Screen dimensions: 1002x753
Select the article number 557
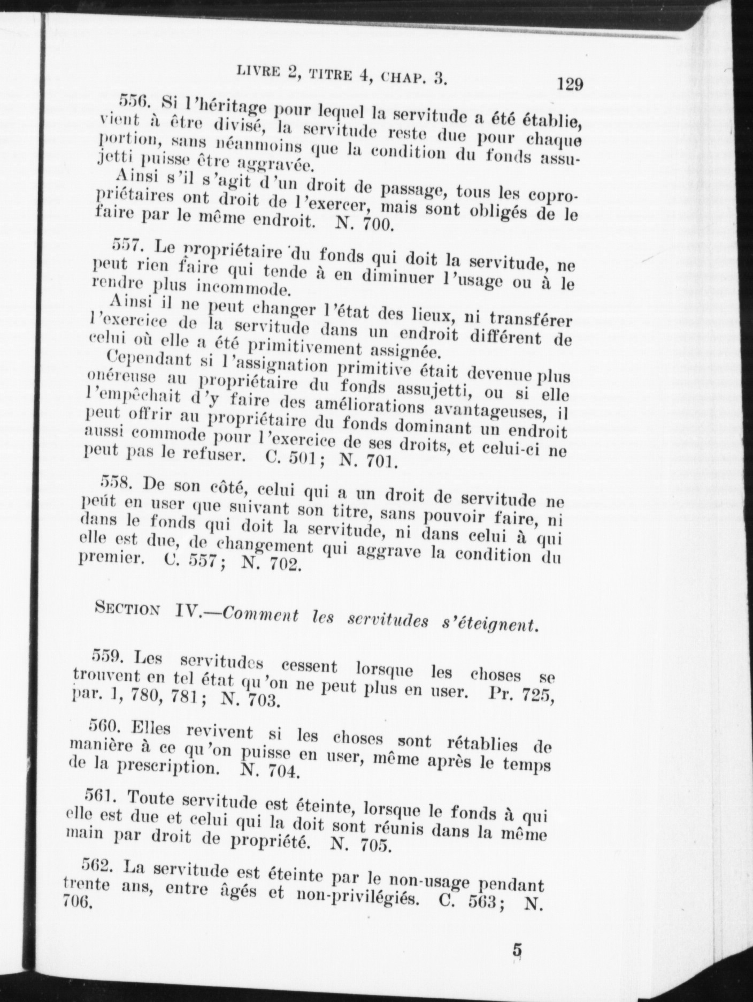click(x=126, y=245)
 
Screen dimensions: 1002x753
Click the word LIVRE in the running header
click(x=252, y=70)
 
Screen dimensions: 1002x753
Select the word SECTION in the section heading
click(x=127, y=609)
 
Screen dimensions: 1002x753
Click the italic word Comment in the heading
click(x=260, y=615)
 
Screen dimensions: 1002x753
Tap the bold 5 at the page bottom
click(x=517, y=950)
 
